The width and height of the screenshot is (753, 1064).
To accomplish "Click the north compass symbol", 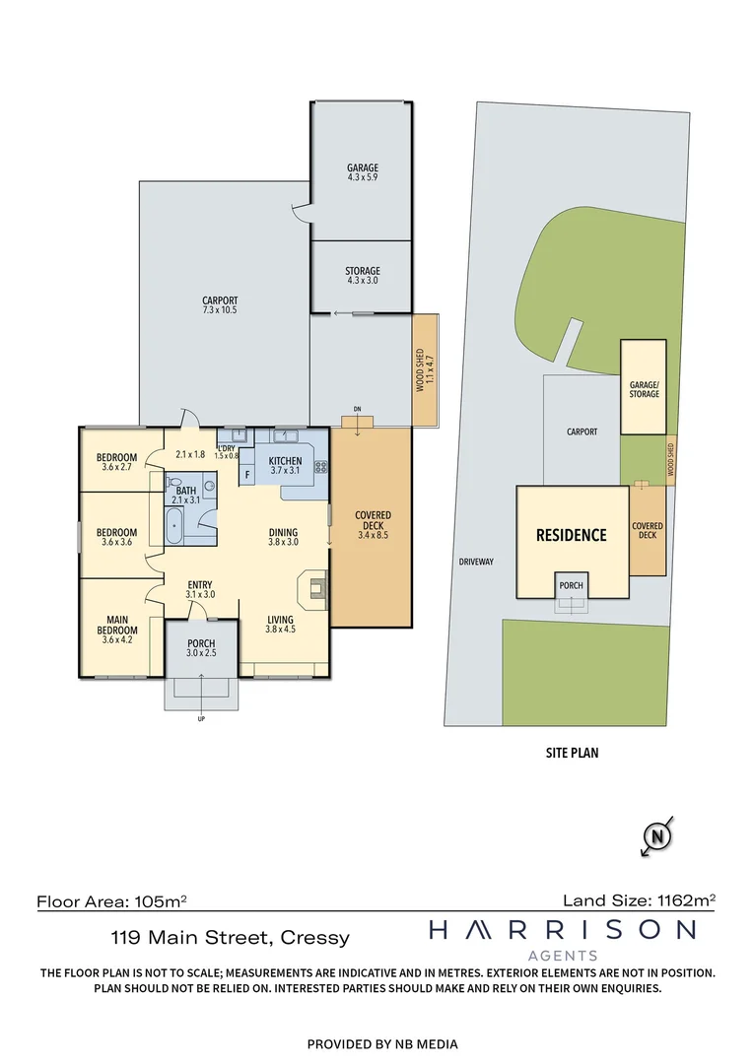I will tap(657, 837).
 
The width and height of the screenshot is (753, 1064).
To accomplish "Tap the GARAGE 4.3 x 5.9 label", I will tap(362, 172).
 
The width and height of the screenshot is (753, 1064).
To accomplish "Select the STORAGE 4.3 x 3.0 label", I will tap(362, 276).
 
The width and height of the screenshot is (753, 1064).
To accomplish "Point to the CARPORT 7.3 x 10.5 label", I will tap(220, 305).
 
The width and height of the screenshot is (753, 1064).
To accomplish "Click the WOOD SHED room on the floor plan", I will tap(424, 370).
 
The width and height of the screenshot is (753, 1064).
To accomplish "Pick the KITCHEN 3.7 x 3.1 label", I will tap(285, 465).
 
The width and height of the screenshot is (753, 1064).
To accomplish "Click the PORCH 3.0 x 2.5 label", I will tap(201, 648).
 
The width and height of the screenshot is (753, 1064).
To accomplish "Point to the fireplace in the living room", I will tap(316, 588).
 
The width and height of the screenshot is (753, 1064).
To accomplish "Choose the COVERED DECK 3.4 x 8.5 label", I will tap(373, 526).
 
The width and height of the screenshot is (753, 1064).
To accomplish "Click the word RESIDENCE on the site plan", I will tap(572, 536).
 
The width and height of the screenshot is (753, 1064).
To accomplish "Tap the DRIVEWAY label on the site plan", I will tap(476, 563).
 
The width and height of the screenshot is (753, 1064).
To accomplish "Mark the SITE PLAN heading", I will tap(572, 753).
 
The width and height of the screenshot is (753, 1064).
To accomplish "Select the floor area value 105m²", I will tap(161, 900).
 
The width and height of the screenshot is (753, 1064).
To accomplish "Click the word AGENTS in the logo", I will tap(563, 955).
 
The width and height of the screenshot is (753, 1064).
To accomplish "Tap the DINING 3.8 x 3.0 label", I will tap(283, 537).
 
